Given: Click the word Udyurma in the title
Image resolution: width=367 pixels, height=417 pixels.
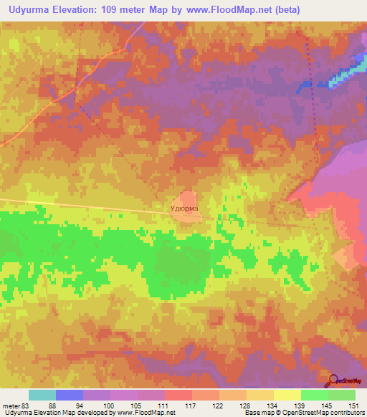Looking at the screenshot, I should point(28,9).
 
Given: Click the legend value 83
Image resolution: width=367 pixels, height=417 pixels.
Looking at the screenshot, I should point(27,406).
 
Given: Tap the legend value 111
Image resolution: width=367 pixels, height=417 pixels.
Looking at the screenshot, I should point(164,406).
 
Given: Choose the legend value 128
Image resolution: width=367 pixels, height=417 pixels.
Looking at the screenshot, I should point(246,406).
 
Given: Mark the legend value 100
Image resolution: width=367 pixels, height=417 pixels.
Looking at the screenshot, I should point(109,406).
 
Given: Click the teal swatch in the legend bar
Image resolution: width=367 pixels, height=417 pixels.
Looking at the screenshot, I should point(42,395).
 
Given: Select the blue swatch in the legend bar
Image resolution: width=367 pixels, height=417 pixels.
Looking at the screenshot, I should point(69,395).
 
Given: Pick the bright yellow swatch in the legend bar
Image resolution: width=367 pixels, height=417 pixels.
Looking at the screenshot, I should point(287,395).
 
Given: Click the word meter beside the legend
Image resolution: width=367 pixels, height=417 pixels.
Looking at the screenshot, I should point(10,406).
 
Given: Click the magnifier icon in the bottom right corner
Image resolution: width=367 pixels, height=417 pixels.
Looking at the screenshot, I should point(332,380).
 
